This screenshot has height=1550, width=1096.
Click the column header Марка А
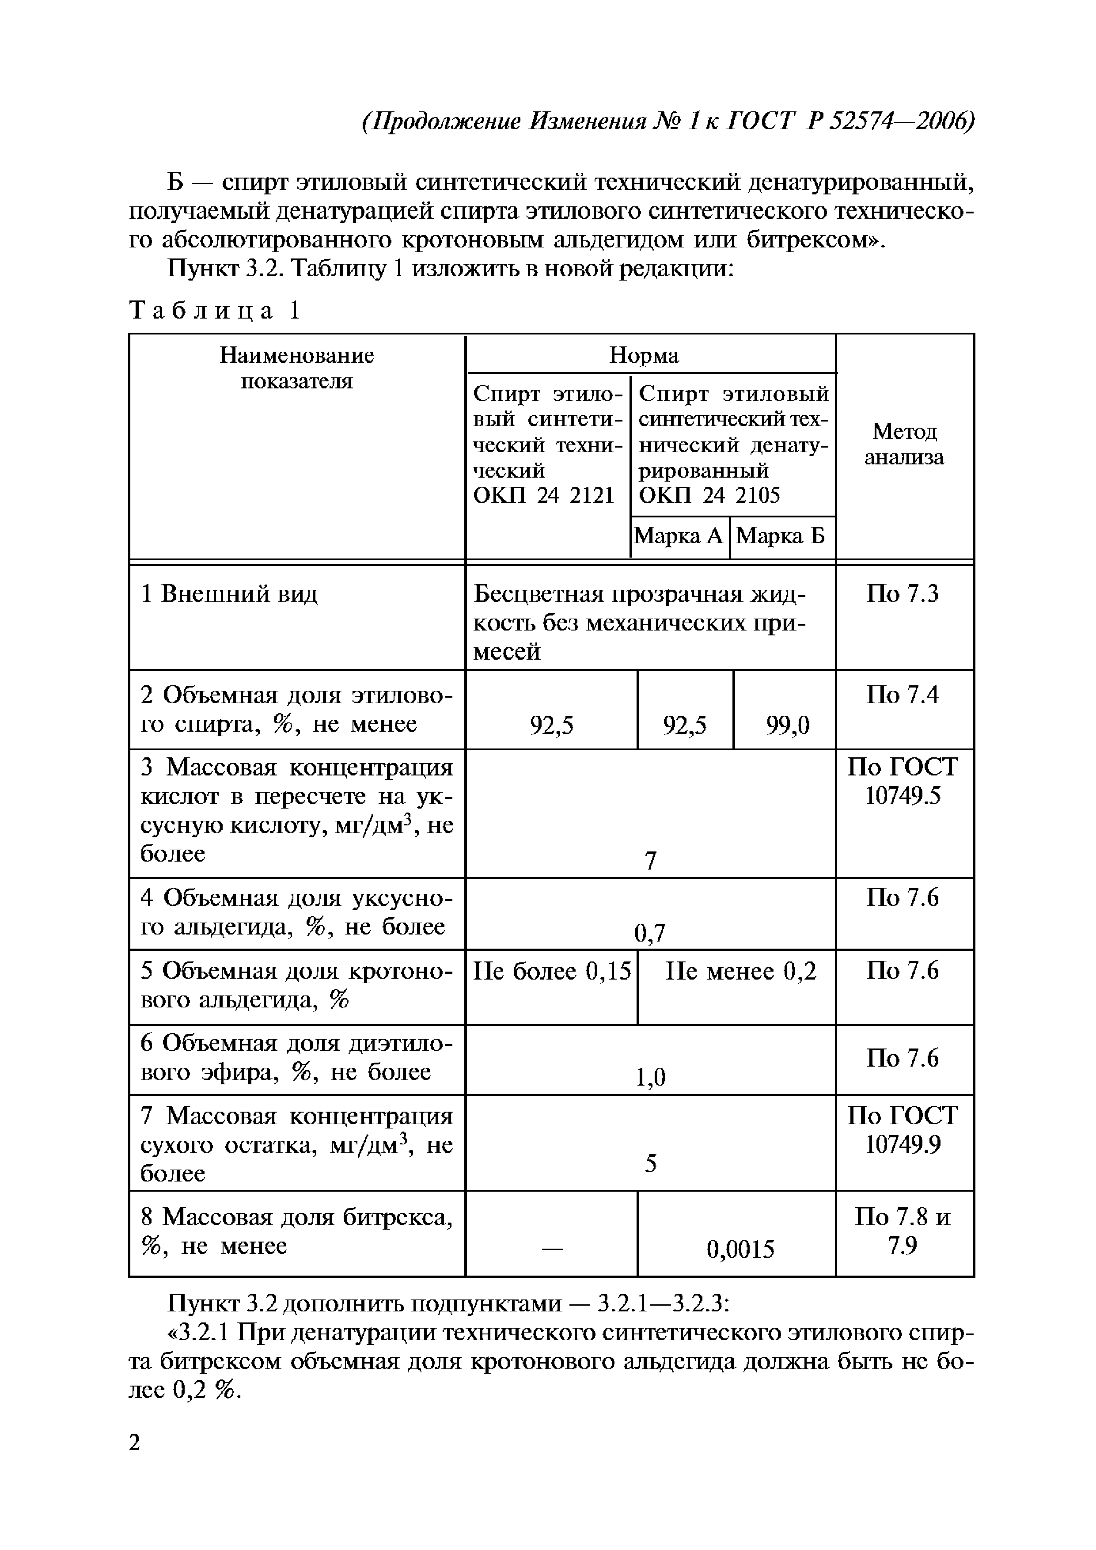point(679,536)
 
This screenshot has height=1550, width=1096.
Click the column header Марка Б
point(781,536)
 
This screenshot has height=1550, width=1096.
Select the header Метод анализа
point(904,444)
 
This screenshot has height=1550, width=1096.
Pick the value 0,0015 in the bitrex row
point(740,1250)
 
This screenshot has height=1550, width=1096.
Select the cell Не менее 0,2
point(740,972)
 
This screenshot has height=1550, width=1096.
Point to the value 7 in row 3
point(651,861)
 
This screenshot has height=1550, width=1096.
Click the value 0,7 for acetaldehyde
point(651,933)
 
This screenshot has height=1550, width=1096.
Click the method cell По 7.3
point(903,594)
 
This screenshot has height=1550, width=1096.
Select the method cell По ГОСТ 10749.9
point(903,1130)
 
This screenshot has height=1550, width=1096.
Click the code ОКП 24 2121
point(543,495)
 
